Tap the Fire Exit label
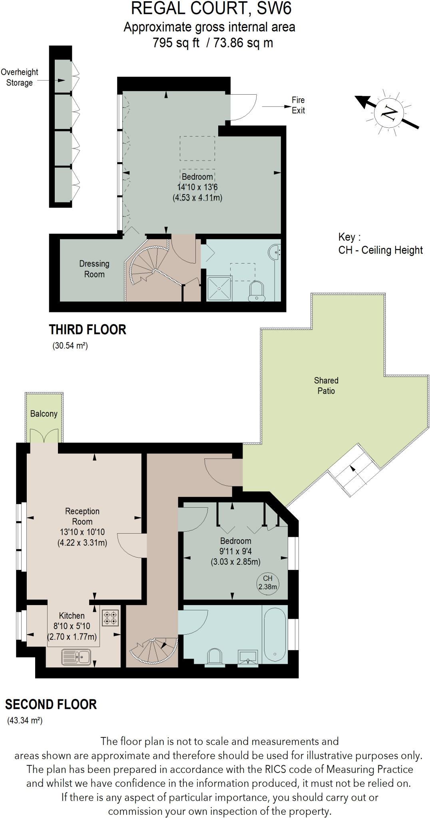coord(298,105)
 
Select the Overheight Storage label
coord(20,77)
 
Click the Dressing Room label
coord(94,269)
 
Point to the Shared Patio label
coord(326,385)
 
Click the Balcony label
coord(44,414)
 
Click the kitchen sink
coord(76,657)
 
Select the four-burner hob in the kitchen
coord(111,617)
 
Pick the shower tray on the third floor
coord(219,288)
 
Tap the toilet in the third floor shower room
coord(257,291)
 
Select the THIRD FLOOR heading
coord(88,330)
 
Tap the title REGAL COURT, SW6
coord(211,8)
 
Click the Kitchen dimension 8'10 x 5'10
coord(72,626)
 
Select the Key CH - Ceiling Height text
coord(380,243)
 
